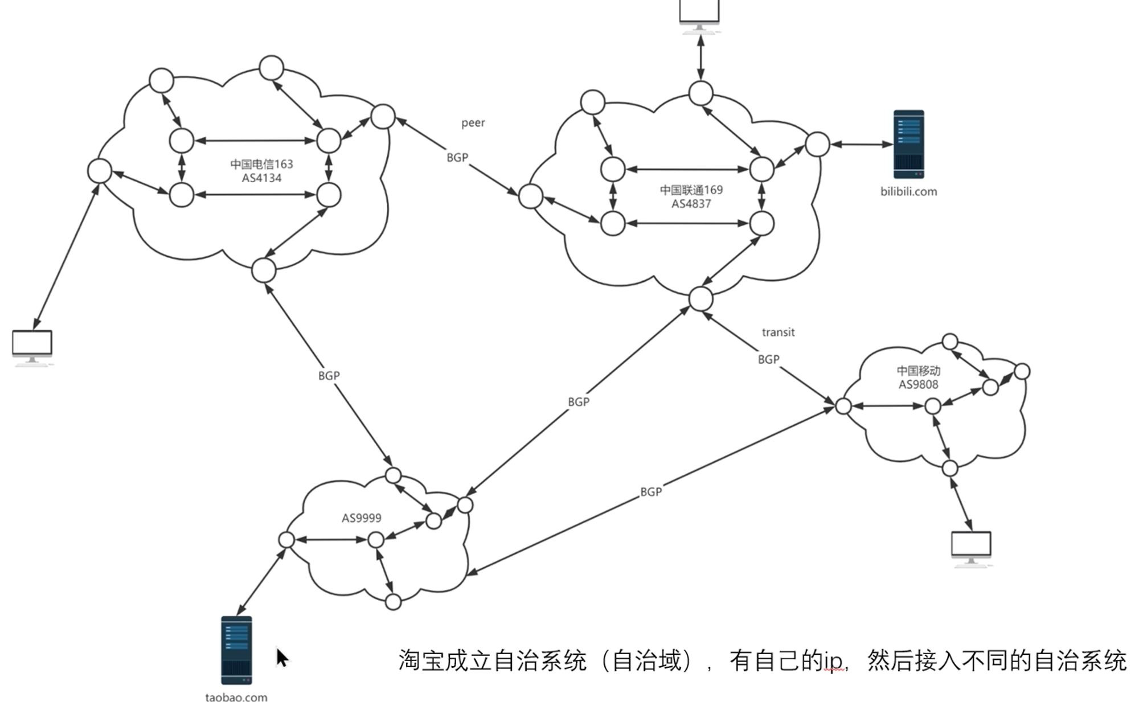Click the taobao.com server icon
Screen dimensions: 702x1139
pos(236,650)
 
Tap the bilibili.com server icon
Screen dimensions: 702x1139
pos(908,144)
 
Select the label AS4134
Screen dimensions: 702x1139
pos(261,178)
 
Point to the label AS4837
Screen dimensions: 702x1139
pos(691,204)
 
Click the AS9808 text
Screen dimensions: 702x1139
pos(918,384)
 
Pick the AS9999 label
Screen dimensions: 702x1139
pos(361,518)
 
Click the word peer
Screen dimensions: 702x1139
pos(473,123)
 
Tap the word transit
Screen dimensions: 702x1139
pos(778,332)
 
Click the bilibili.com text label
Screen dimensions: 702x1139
pos(908,192)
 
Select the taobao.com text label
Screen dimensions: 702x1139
pos(236,697)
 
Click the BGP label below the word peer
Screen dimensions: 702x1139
pos(457,158)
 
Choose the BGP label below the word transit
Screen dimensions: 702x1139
pos(768,360)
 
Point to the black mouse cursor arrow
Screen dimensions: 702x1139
pos(282,658)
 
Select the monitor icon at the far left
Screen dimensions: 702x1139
pos(32,346)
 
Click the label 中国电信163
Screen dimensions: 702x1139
pos(261,165)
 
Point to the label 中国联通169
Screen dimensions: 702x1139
pos(691,190)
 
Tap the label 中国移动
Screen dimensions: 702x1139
pos(918,371)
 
